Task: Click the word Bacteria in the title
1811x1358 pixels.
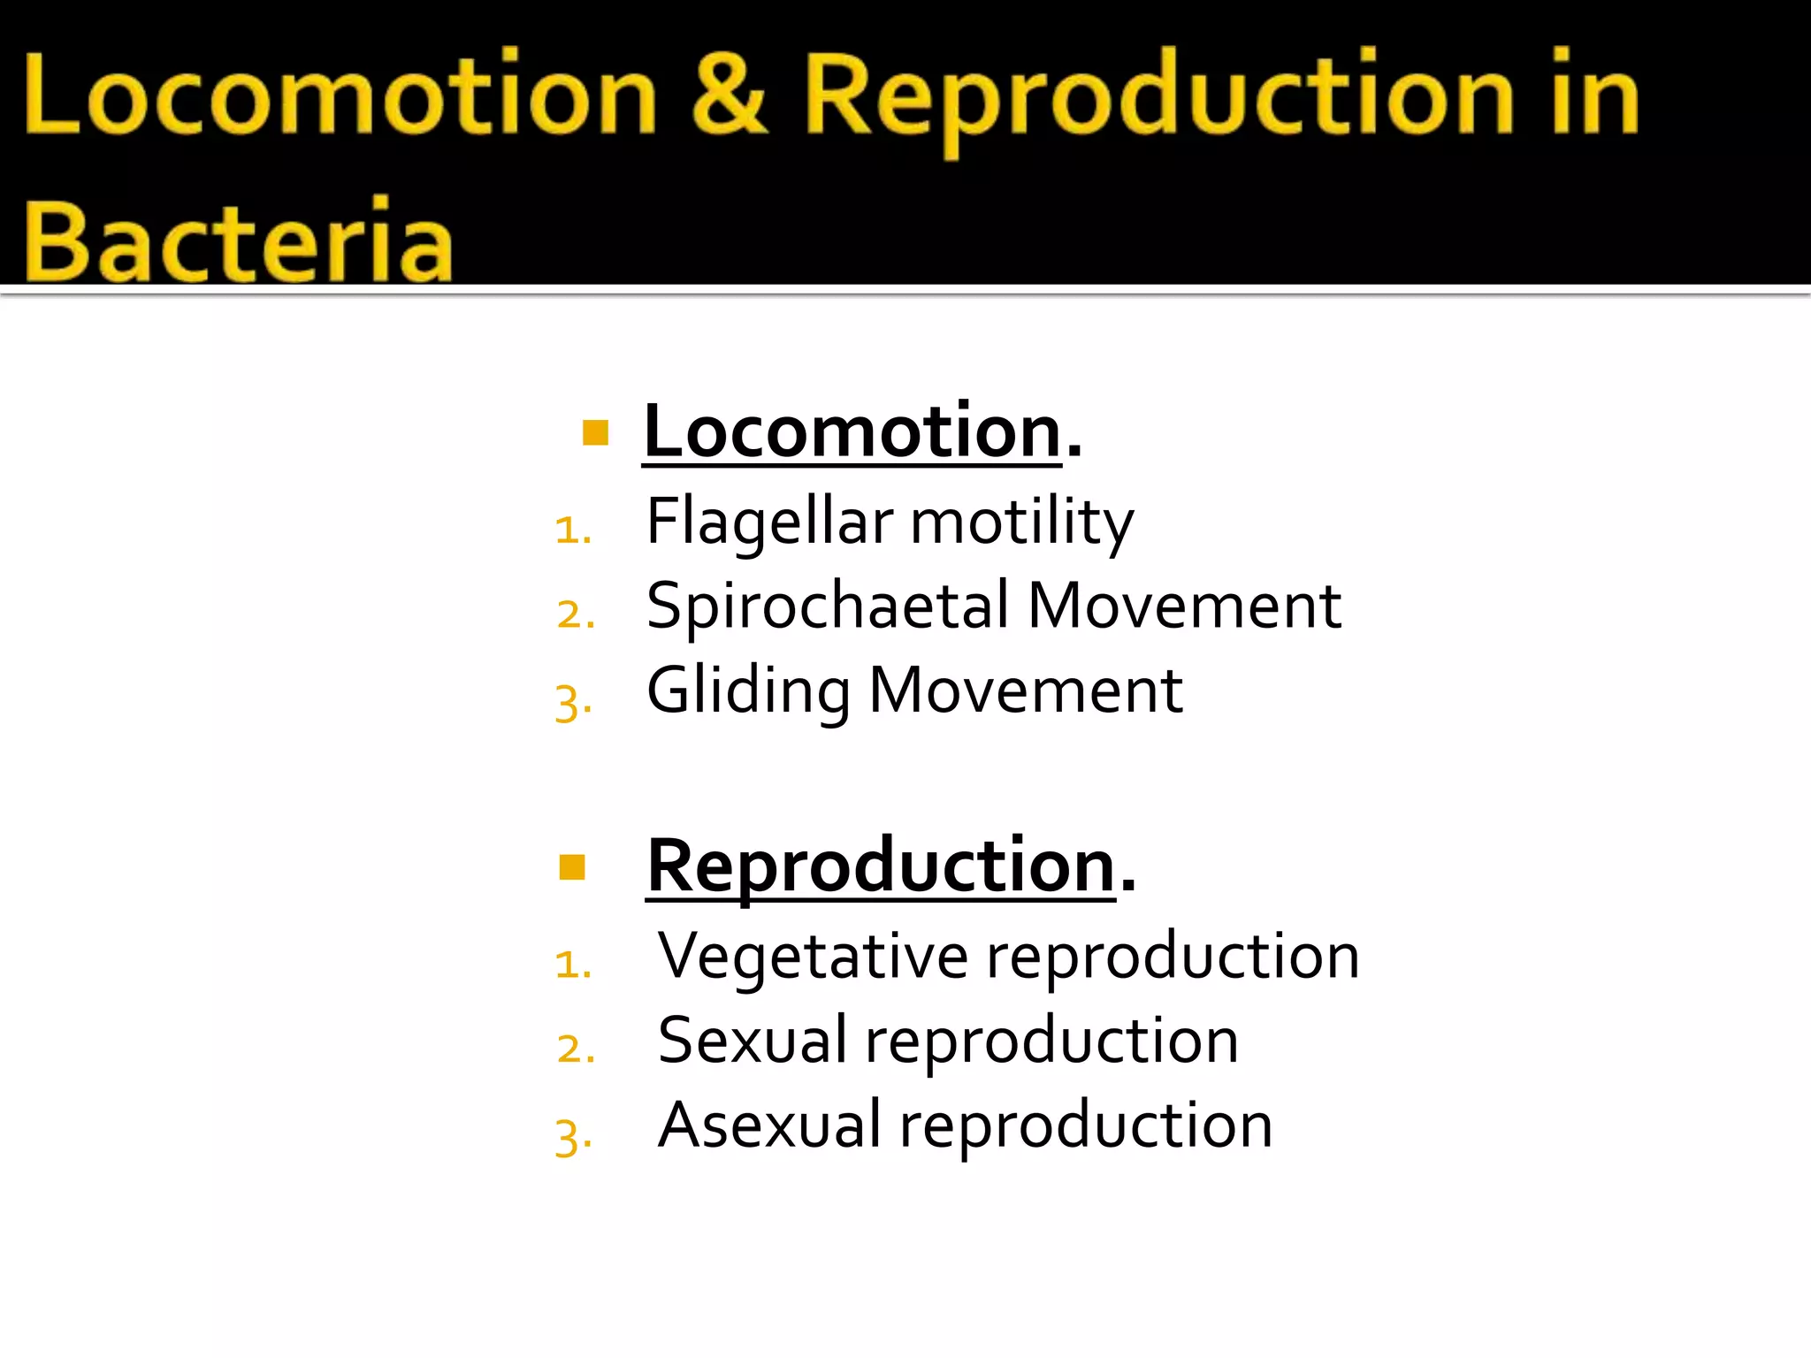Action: point(237,240)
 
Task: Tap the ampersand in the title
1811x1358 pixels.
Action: point(729,94)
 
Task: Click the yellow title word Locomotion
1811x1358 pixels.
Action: point(340,95)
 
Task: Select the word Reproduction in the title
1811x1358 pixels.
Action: point(1158,97)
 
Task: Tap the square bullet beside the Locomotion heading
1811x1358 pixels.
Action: point(596,432)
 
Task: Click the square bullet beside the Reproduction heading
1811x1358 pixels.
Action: point(573,867)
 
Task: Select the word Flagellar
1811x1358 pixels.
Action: point(769,522)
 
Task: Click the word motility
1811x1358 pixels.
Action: point(1021,522)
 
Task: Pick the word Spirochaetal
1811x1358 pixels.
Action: point(828,607)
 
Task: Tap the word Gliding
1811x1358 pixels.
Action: point(748,691)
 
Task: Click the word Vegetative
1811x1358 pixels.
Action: point(813,957)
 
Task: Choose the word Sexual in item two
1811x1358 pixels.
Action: point(753,1041)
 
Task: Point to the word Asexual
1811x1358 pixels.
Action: point(769,1125)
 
